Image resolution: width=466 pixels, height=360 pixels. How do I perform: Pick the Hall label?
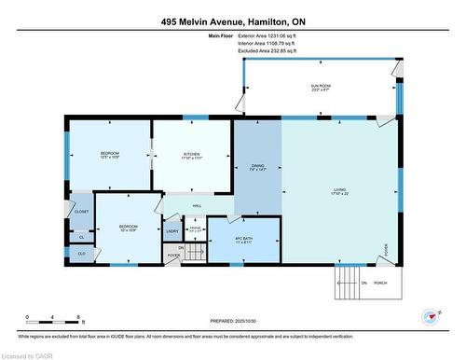(x=197, y=205)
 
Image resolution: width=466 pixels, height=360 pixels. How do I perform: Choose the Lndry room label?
(x=172, y=230)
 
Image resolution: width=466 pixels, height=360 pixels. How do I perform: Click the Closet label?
(x=80, y=211)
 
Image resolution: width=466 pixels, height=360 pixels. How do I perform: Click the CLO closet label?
(x=81, y=253)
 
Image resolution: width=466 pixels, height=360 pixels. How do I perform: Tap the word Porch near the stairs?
(x=380, y=283)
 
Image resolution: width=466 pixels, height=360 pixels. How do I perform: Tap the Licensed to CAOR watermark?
(x=27, y=353)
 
